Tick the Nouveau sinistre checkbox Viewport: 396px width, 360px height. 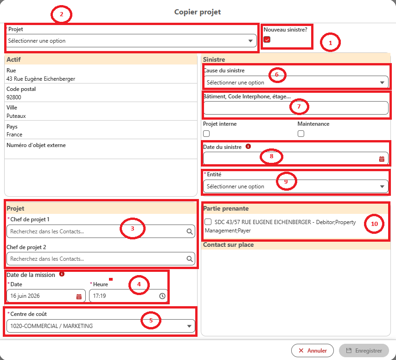pyautogui.click(x=267, y=39)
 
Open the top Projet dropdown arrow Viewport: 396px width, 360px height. pyautogui.click(x=250, y=41)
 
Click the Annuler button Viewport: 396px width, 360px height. pyautogui.click(x=313, y=350)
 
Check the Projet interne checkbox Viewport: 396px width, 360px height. pyautogui.click(x=206, y=134)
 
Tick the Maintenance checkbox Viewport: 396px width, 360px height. pyautogui.click(x=301, y=134)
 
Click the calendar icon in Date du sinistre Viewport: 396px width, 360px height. pyautogui.click(x=382, y=159)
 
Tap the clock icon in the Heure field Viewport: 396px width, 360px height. pyautogui.click(x=162, y=296)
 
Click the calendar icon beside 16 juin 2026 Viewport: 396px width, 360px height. pyautogui.click(x=79, y=296)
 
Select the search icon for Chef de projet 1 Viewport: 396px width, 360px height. pyautogui.click(x=189, y=231)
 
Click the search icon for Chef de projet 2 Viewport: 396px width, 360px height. pyautogui.click(x=189, y=259)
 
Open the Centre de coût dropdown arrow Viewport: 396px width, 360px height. pyautogui.click(x=189, y=326)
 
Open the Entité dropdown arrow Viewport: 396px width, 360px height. pyautogui.click(x=382, y=186)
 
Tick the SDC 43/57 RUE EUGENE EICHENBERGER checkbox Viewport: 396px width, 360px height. pyautogui.click(x=208, y=222)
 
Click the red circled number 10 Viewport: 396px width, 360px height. pyautogui.click(x=374, y=224)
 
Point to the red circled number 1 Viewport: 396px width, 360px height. pyautogui.click(x=330, y=42)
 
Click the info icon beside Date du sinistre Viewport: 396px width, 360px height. pyautogui.click(x=248, y=146)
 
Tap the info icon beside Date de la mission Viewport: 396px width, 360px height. pyautogui.click(x=62, y=274)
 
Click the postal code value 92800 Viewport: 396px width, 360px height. pyautogui.click(x=13, y=97)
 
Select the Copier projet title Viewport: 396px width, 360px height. pyautogui.click(x=198, y=12)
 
